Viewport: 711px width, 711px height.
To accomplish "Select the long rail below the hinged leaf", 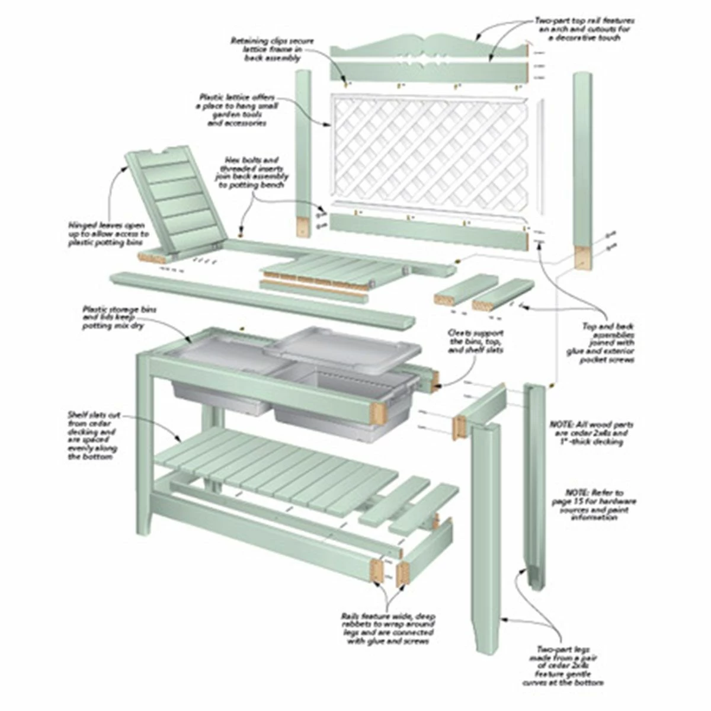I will point(261,296).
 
